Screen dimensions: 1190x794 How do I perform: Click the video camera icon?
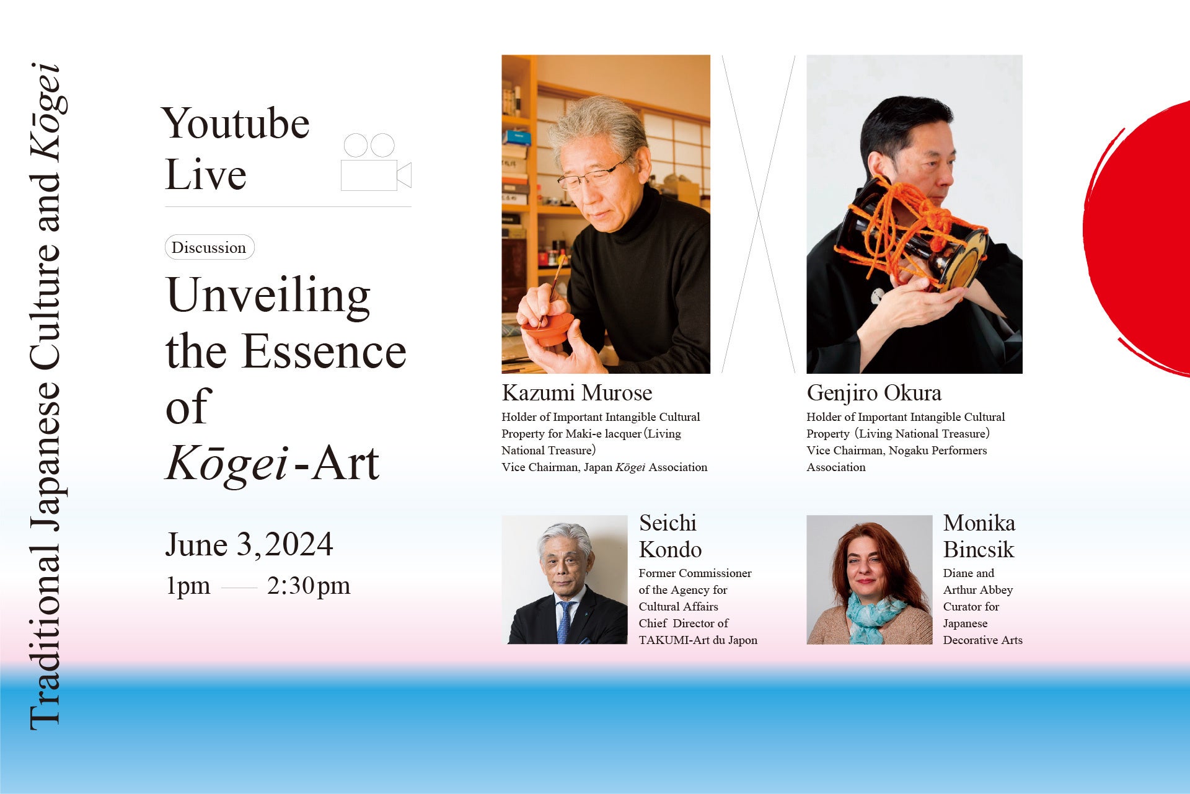pyautogui.click(x=376, y=162)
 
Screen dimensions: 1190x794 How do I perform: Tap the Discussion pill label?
pyautogui.click(x=209, y=247)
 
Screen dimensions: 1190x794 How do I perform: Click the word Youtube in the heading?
pyautogui.click(x=236, y=124)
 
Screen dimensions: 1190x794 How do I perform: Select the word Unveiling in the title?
pyautogui.click(x=268, y=296)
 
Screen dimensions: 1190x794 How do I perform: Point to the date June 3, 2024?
pyautogui.click(x=249, y=545)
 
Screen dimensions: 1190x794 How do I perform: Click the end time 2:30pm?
pyautogui.click(x=309, y=586)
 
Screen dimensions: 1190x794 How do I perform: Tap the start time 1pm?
pyautogui.click(x=188, y=586)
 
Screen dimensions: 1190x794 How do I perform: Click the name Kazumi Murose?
pyautogui.click(x=577, y=393)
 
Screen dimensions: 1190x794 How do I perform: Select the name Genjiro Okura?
pyautogui.click(x=874, y=393)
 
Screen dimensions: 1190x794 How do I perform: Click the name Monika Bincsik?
pyautogui.click(x=979, y=536)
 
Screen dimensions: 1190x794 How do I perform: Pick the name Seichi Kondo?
pyautogui.click(x=671, y=536)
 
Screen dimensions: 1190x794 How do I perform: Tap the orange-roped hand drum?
pyautogui.click(x=911, y=236)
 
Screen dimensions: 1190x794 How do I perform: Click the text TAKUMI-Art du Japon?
pyautogui.click(x=698, y=640)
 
